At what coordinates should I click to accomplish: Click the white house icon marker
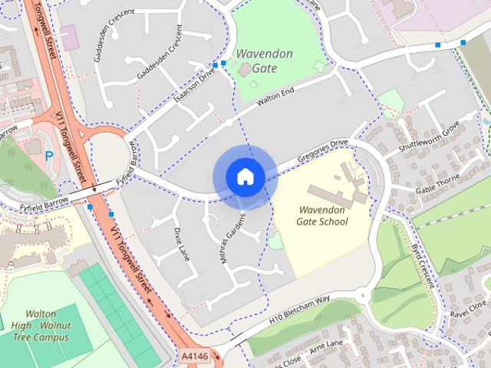click(x=245, y=177)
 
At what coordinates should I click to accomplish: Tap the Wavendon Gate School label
click(x=322, y=215)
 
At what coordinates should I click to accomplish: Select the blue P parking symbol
click(x=49, y=156)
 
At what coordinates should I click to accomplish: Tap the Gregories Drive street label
click(x=328, y=150)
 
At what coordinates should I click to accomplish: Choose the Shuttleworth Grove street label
click(x=429, y=136)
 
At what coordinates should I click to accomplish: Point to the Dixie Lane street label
click(x=181, y=242)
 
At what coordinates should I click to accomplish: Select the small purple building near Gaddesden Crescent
click(x=69, y=38)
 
